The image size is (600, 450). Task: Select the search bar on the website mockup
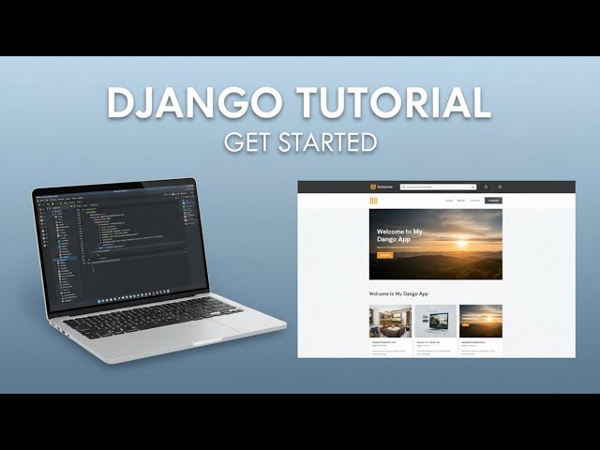[437, 187]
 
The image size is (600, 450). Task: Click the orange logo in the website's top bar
[373, 187]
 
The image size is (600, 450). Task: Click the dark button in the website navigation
[493, 201]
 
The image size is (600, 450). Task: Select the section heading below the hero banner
[397, 294]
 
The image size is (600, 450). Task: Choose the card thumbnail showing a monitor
[436, 321]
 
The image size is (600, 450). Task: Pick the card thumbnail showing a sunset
[480, 321]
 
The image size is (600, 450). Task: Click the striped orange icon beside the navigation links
[373, 201]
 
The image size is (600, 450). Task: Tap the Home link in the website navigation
[448, 201]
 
